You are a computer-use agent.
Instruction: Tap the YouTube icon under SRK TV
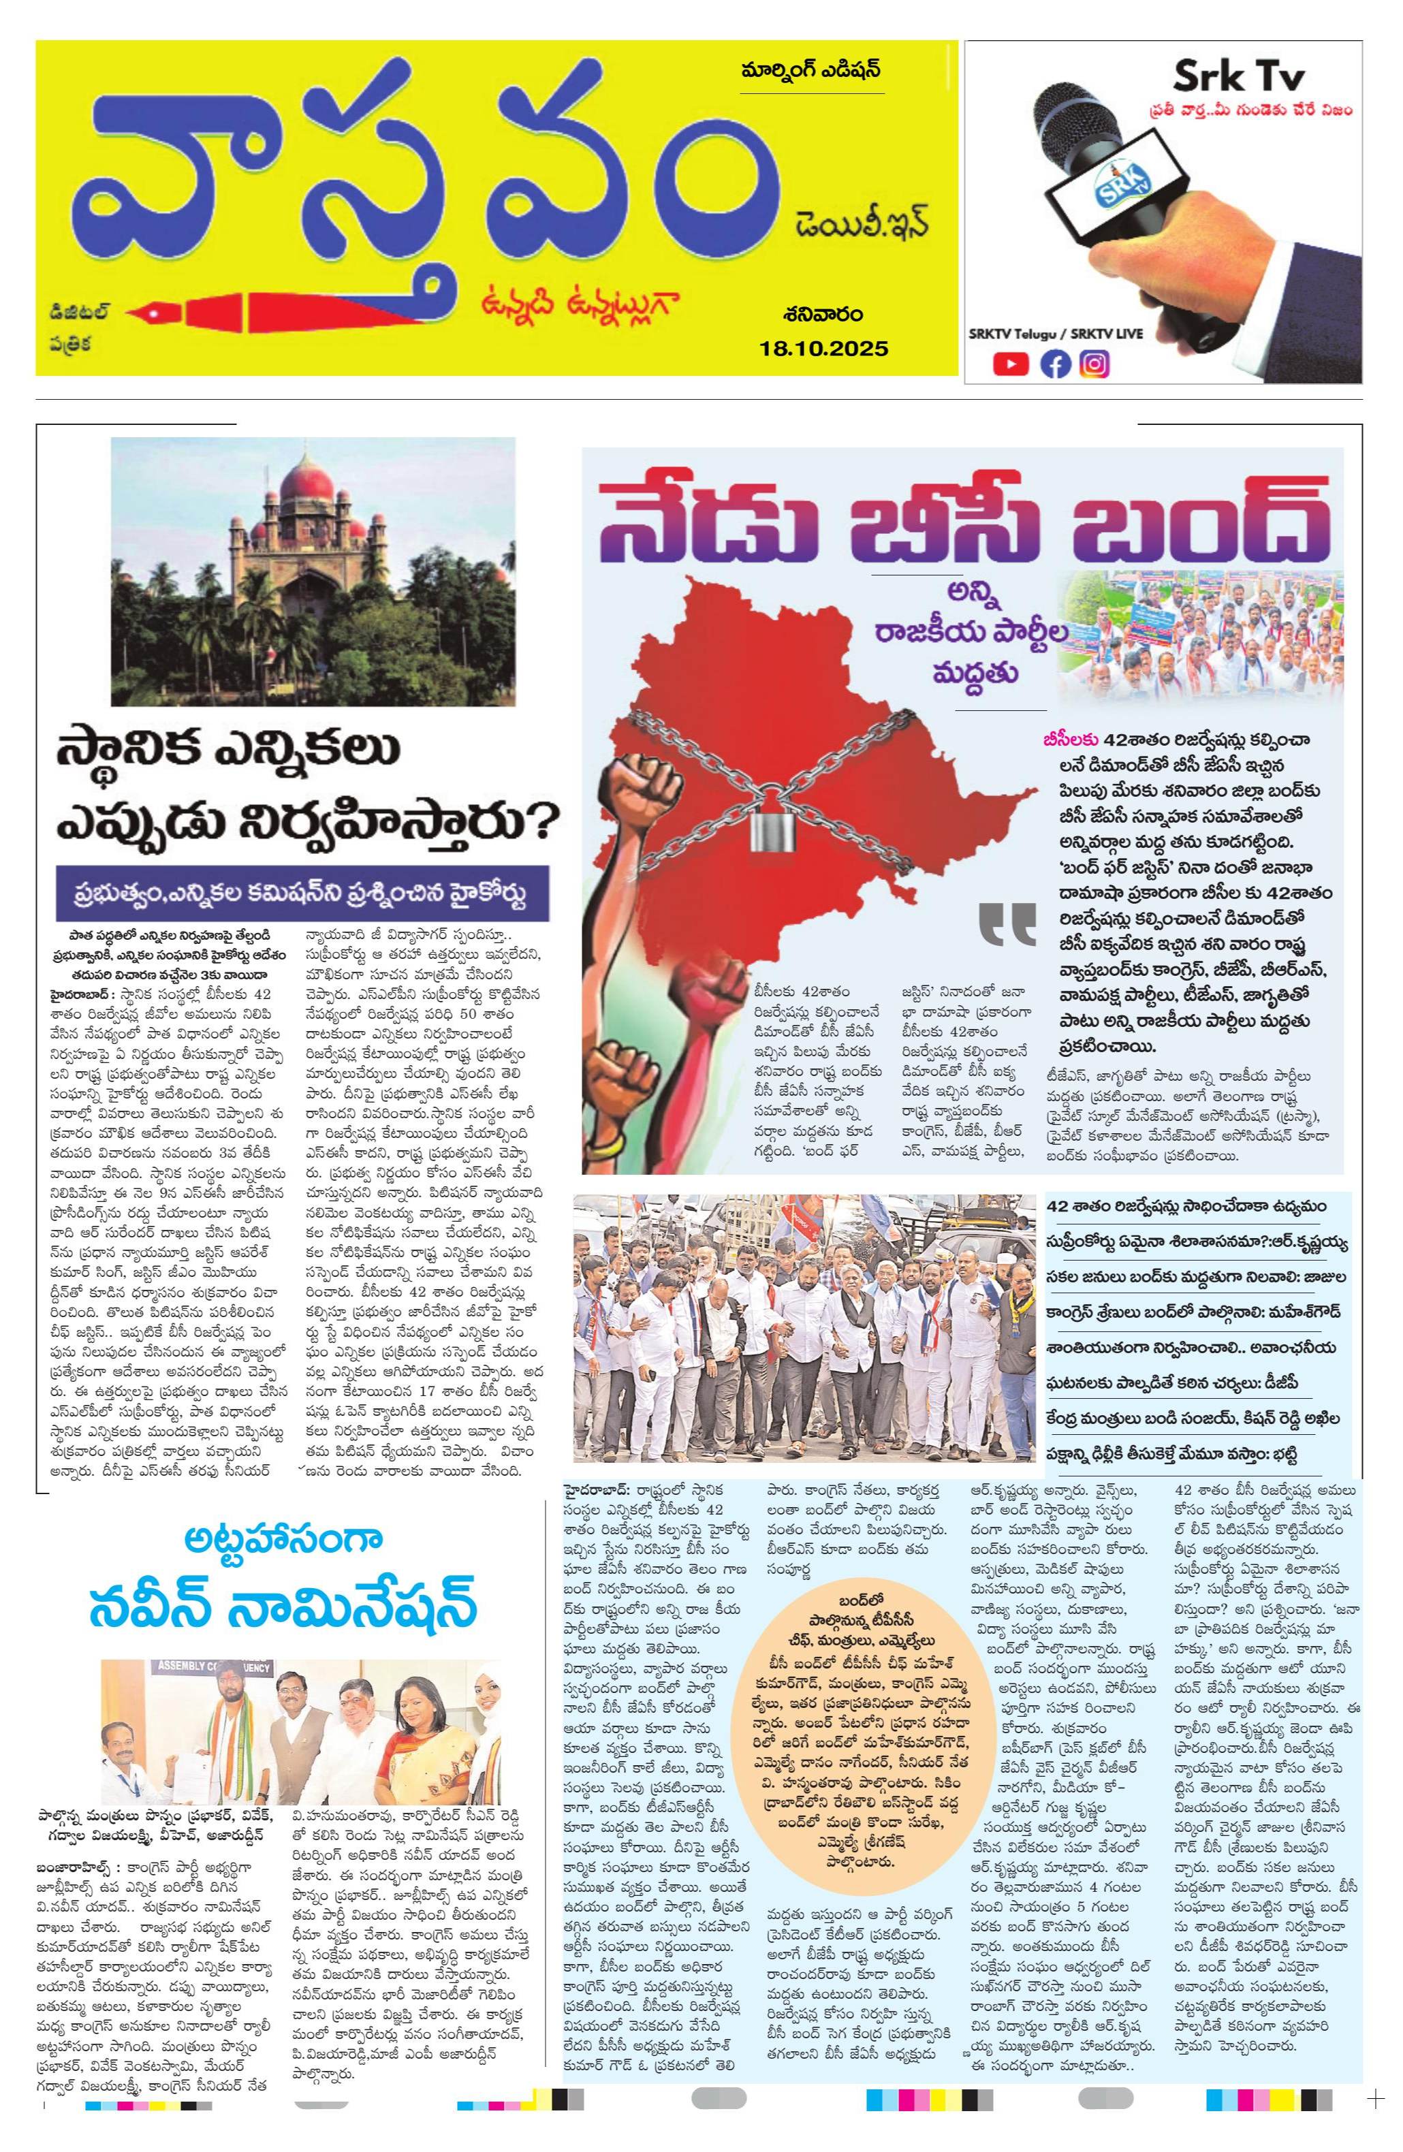(x=1010, y=364)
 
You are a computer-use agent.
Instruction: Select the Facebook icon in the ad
(x=1054, y=364)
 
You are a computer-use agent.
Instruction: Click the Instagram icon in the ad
(x=1094, y=364)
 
